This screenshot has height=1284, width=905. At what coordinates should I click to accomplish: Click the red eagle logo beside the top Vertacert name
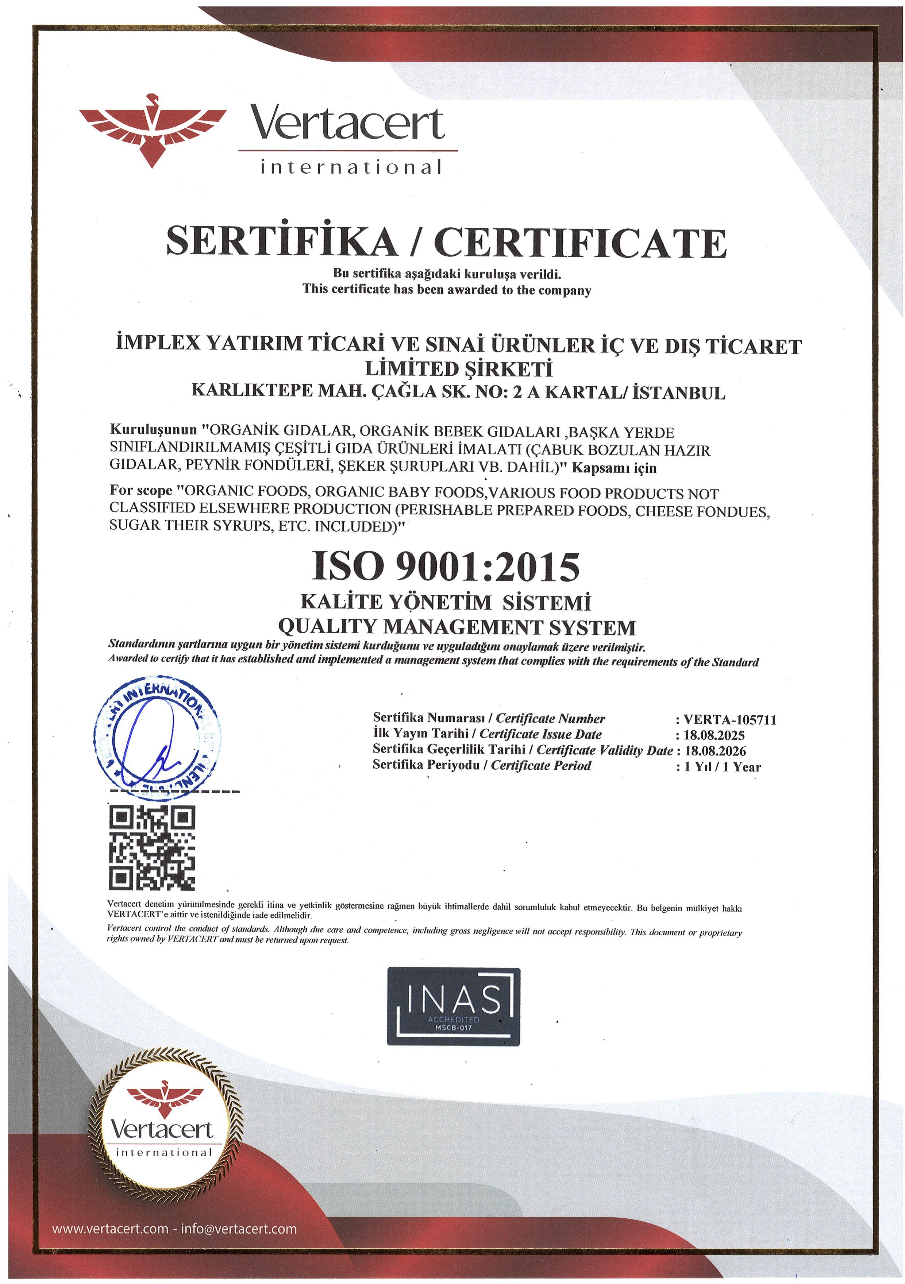(x=152, y=130)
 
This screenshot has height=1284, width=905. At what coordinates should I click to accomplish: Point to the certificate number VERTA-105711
(x=729, y=720)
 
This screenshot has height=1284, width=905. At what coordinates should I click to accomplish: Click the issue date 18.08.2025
(x=714, y=735)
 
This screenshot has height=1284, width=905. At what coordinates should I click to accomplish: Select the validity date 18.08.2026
(x=715, y=751)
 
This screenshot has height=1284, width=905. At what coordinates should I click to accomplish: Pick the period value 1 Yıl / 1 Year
(x=722, y=767)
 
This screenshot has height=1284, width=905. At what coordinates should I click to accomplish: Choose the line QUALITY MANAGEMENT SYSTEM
(x=457, y=627)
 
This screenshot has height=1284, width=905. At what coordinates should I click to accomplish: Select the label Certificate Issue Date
(x=540, y=734)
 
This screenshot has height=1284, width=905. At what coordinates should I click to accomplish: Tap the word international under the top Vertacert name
(x=351, y=167)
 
